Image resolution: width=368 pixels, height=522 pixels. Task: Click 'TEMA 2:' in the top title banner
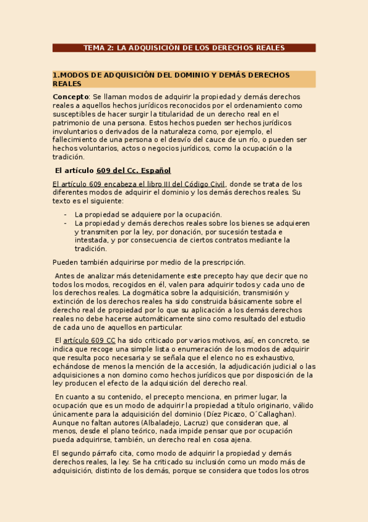pos(98,47)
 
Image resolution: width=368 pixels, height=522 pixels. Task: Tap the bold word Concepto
pos(71,97)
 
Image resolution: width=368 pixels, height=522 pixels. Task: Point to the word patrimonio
pos(72,122)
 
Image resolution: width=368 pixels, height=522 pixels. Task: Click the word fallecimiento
pos(78,140)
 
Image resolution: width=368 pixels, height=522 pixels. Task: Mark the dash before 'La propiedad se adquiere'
pos(65,214)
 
